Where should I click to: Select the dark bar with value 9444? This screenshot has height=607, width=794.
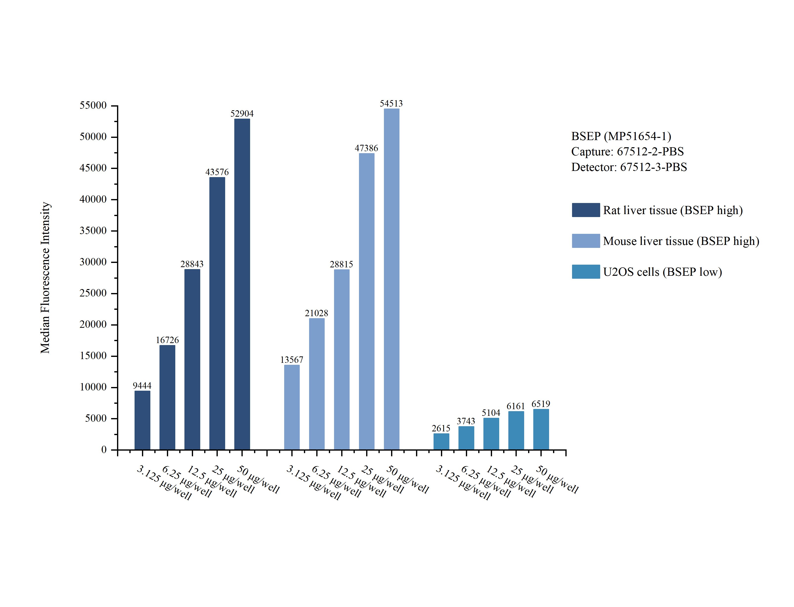[142, 420]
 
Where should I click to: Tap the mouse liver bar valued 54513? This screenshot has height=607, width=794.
[392, 279]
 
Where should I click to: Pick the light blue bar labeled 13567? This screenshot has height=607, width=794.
[292, 407]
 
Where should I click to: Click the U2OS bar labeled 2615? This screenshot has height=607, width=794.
[441, 441]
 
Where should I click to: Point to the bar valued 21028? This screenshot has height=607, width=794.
[317, 384]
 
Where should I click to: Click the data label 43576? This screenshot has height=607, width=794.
[217, 172]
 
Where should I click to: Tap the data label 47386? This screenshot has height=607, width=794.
[366, 148]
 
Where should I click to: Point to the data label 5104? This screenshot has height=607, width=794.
[491, 413]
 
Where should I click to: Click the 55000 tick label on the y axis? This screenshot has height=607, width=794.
[93, 106]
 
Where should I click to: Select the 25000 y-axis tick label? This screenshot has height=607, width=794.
[93, 293]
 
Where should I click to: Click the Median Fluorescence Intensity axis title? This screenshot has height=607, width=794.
[45, 277]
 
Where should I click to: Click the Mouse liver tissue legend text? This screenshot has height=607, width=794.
[681, 241]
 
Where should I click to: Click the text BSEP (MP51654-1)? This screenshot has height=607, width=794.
[621, 136]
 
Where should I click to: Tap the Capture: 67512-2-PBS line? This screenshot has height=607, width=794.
[628, 152]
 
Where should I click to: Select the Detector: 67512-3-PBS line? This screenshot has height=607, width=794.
[629, 167]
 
